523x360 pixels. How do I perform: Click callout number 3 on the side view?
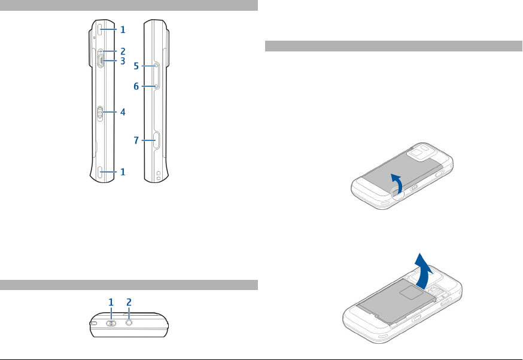[122, 61]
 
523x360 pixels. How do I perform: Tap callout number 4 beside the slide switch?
[122, 112]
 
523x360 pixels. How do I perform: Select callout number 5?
[136, 66]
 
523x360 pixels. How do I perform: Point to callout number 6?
[136, 87]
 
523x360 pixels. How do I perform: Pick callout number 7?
[136, 141]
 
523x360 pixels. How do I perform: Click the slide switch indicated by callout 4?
[101, 112]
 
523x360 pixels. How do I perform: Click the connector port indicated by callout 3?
[102, 60]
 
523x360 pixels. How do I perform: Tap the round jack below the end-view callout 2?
[129, 322]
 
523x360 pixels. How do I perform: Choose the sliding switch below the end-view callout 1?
[111, 323]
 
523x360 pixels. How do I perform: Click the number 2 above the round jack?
[129, 303]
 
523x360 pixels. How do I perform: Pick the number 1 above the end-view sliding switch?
[111, 303]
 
